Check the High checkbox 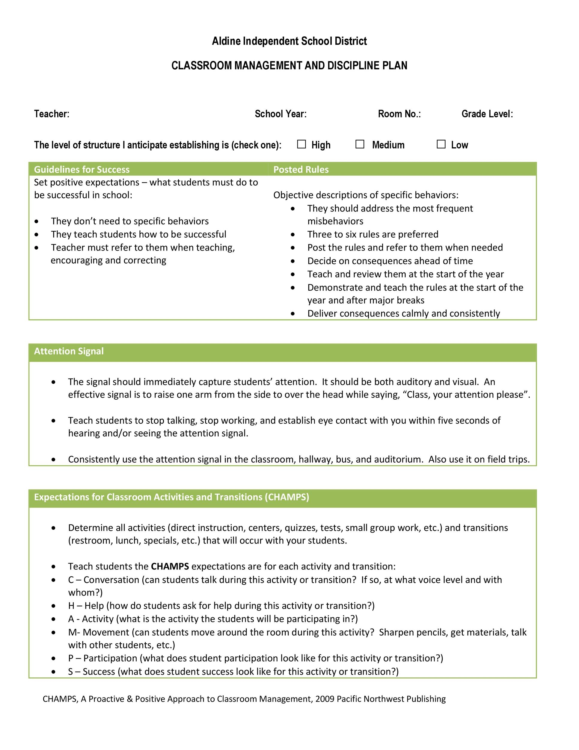(x=301, y=144)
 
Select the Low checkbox (x=441, y=144)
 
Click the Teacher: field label (x=52, y=114)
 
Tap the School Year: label (x=281, y=114)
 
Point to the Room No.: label (x=399, y=114)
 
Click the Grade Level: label (x=487, y=114)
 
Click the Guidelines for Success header (x=82, y=169)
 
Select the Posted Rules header (x=301, y=169)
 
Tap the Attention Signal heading (x=69, y=351)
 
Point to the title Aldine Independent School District (x=289, y=41)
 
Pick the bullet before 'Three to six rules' (x=292, y=235)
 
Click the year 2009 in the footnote (x=325, y=699)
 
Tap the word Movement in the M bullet (x=106, y=632)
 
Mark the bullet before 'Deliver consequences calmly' (x=292, y=314)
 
